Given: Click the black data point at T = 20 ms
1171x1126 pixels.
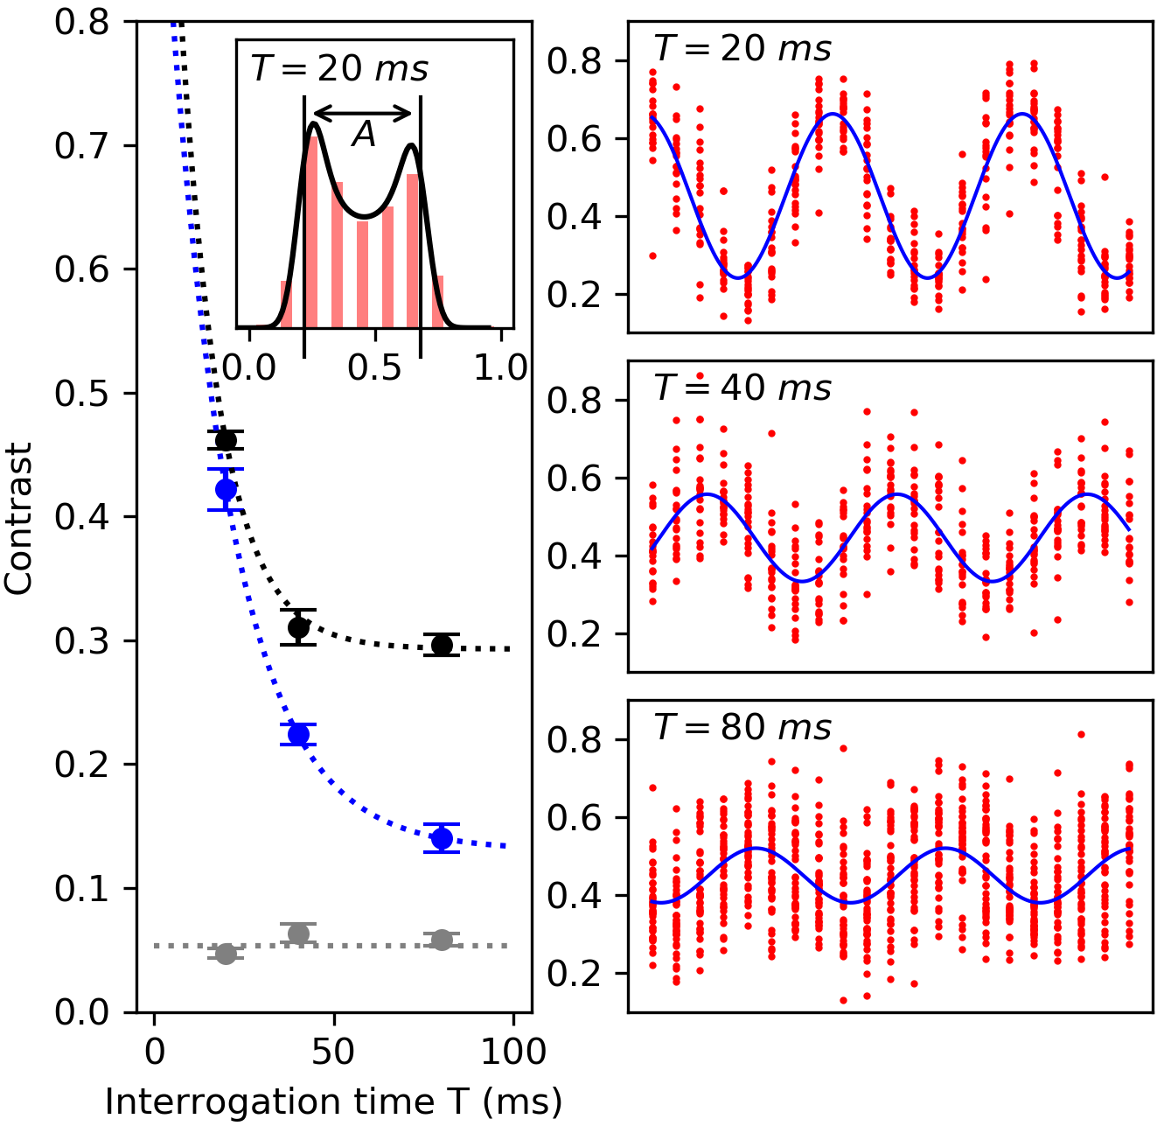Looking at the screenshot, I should click(227, 439).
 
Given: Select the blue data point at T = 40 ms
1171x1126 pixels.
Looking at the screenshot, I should click(298, 734).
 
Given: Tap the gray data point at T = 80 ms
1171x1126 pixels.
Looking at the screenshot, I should click(442, 941).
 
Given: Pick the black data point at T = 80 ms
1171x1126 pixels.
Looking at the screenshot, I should click(442, 645).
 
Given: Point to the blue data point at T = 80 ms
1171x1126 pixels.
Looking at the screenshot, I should click(442, 838).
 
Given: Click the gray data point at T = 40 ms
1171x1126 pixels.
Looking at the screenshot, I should click(298, 934).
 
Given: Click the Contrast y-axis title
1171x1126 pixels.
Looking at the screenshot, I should click(18, 519).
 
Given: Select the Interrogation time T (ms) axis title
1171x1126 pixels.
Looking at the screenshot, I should click(333, 1102).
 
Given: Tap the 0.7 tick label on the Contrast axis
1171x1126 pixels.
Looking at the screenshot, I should click(83, 146).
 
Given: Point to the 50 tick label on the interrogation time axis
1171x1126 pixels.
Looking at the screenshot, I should click(333, 1051).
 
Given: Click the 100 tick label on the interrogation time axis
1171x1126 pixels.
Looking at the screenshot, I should click(513, 1051).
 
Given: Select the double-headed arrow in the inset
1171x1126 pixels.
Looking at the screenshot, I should click(362, 113).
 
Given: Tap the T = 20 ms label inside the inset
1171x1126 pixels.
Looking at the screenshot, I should click(339, 68).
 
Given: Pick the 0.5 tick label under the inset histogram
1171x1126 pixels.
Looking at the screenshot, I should click(374, 367).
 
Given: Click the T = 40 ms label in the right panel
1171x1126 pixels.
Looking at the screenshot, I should click(742, 388).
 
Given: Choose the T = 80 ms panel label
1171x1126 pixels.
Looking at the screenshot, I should click(742, 727).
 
